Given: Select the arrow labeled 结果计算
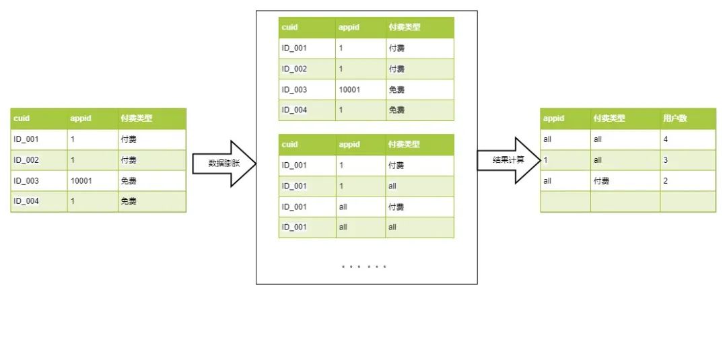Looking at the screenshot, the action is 508,160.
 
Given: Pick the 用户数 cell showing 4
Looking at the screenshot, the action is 666,139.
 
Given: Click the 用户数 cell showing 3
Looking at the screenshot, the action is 666,160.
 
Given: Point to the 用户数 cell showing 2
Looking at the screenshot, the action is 666,180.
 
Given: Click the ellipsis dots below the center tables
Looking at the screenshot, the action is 363,266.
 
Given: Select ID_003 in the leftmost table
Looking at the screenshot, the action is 26,180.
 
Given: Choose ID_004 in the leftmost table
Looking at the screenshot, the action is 26,201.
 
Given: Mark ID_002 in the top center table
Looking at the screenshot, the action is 294,69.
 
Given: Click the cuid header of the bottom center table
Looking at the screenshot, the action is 289,145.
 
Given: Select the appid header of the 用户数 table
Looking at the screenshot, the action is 553,118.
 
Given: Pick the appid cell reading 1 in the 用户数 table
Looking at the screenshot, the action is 546,160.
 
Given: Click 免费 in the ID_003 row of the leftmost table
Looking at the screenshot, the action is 129,180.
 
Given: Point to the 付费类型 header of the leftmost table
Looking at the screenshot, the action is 137,118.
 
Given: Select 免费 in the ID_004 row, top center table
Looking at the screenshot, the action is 396,110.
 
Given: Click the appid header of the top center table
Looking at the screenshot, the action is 349,28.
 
